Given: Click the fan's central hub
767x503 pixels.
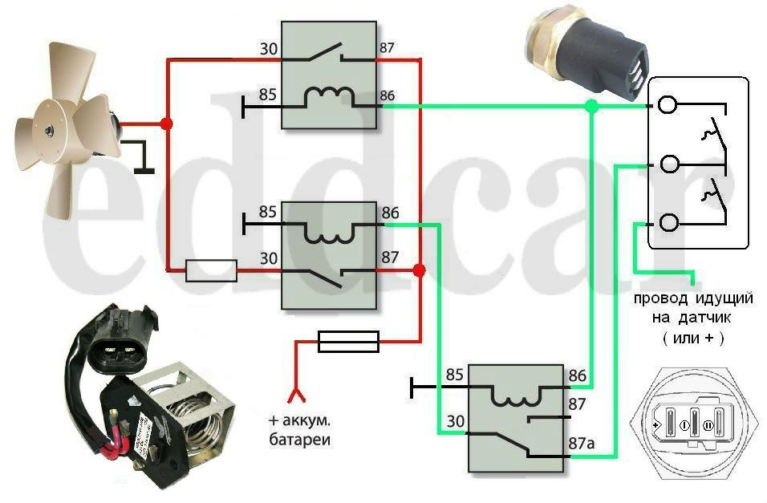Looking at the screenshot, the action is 50,128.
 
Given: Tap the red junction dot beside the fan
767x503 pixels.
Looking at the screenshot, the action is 166,124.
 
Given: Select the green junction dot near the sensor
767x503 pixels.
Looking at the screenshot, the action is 591,106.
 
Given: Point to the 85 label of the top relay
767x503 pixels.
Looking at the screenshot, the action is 268,95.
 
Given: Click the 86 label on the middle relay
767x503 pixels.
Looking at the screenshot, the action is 391,213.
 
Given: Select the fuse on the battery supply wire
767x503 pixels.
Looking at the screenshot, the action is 348,343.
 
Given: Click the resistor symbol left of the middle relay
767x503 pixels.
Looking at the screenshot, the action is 211,271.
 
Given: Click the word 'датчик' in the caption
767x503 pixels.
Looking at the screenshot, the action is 697,318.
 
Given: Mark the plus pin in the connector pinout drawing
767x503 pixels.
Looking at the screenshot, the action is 661,422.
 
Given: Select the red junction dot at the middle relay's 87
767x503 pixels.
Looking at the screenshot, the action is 418,271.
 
